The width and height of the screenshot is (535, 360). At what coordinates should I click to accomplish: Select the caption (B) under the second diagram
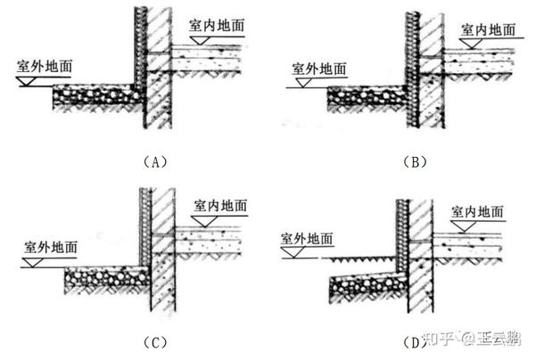(416, 161)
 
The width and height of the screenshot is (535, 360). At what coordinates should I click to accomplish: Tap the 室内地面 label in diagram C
(219, 207)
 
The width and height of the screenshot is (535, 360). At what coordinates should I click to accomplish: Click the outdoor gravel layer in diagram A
(94, 96)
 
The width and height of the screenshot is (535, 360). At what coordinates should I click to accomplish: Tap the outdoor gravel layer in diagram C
(103, 282)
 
